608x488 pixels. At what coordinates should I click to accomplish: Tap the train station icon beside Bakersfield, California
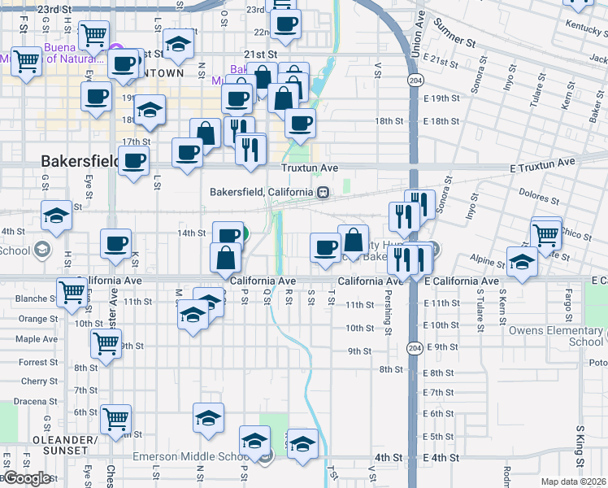pos(323,193)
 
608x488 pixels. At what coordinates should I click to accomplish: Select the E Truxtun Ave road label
pos(532,162)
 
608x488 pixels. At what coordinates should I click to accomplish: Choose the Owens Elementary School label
pos(556,336)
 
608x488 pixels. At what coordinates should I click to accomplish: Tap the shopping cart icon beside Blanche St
pos(72,292)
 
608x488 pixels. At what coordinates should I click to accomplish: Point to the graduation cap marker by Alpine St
pos(521,262)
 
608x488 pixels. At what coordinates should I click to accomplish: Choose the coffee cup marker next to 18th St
pos(299,124)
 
